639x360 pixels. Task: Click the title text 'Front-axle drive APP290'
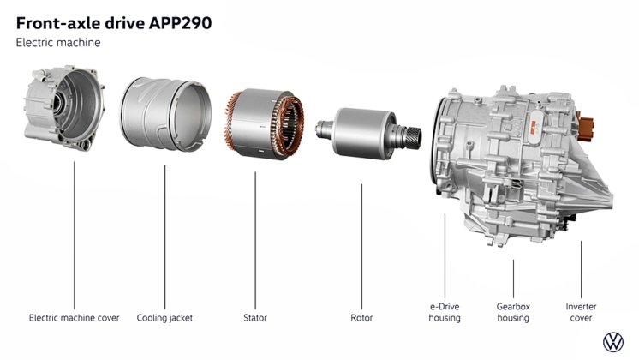pyautogui.click(x=114, y=23)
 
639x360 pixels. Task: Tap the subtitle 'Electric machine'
pyautogui.click(x=58, y=43)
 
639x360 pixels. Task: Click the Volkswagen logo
pyautogui.click(x=613, y=342)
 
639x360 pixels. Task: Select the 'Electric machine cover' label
pyautogui.click(x=75, y=318)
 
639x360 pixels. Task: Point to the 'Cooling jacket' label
pyautogui.click(x=164, y=318)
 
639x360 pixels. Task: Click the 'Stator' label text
pyautogui.click(x=255, y=318)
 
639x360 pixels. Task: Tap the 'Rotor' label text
pyautogui.click(x=361, y=318)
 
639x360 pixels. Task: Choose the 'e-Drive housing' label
pyautogui.click(x=445, y=312)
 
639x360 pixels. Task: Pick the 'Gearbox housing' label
pyautogui.click(x=513, y=312)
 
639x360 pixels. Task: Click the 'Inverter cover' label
pyautogui.click(x=581, y=312)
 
